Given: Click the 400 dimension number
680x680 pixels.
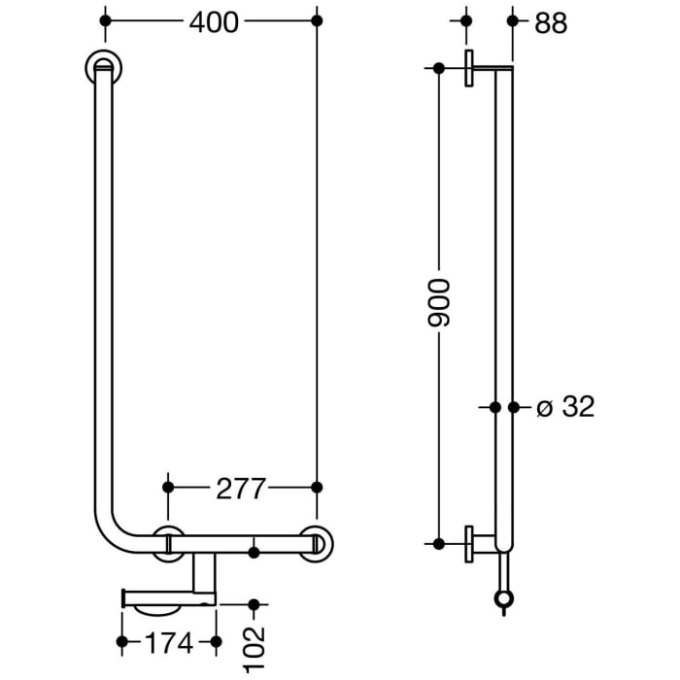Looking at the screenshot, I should tap(213, 21).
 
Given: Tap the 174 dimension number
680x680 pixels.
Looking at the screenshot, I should tap(169, 642).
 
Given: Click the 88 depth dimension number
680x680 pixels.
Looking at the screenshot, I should tap(550, 22).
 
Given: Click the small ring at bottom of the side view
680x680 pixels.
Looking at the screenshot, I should tap(502, 599).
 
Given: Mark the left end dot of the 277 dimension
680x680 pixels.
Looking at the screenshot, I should tap(168, 486).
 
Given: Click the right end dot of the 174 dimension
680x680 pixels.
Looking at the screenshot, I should tap(216, 641).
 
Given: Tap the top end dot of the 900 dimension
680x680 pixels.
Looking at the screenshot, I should tap(439, 68).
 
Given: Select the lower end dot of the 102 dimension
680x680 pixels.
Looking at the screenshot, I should tap(255, 604).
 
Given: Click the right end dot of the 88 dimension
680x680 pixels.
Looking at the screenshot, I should tap(513, 20).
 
